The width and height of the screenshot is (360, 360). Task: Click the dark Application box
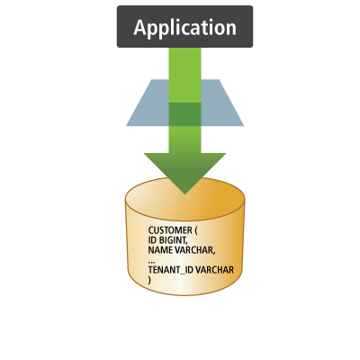click(x=184, y=26)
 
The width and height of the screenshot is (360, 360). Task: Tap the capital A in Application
click(x=140, y=27)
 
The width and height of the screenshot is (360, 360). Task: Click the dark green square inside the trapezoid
click(x=184, y=114)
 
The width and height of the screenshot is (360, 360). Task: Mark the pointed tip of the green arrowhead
click(x=184, y=190)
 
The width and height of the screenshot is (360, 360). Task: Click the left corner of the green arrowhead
click(x=145, y=155)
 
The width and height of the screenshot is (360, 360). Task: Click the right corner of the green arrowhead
click(x=225, y=155)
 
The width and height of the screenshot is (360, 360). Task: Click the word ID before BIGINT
click(x=153, y=240)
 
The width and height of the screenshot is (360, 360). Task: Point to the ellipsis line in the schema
click(x=152, y=261)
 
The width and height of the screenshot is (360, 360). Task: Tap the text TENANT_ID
click(x=168, y=270)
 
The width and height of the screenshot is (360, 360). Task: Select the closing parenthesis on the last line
click(x=150, y=280)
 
